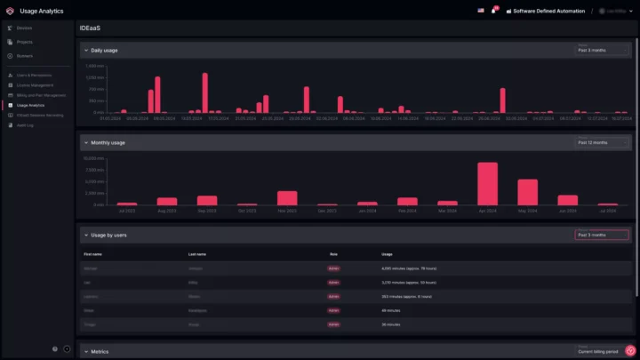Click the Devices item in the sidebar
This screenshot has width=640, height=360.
[24, 28]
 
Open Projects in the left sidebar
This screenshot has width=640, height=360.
[24, 42]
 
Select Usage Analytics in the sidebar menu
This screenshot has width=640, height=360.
[30, 105]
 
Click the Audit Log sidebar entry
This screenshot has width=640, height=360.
[25, 125]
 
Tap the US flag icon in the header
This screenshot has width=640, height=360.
[481, 11]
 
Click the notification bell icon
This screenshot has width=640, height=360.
[493, 11]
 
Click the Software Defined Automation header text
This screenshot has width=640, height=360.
[549, 11]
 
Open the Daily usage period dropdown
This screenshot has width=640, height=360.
[603, 50]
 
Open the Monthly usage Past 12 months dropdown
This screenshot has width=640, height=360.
[603, 142]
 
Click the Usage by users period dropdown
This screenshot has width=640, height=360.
[603, 235]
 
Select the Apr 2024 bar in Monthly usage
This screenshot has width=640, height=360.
[487, 184]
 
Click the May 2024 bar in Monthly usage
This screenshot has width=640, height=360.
[528, 192]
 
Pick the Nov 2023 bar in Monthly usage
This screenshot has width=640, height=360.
[287, 198]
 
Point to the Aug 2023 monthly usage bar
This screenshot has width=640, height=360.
[167, 201]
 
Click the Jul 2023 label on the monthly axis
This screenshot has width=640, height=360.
[127, 211]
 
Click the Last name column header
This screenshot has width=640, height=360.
[197, 253]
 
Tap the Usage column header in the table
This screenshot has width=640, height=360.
[387, 253]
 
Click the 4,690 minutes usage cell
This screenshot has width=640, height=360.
[409, 268]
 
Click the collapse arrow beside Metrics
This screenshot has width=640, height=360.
[86, 351]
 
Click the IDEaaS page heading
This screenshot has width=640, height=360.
[89, 28]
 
